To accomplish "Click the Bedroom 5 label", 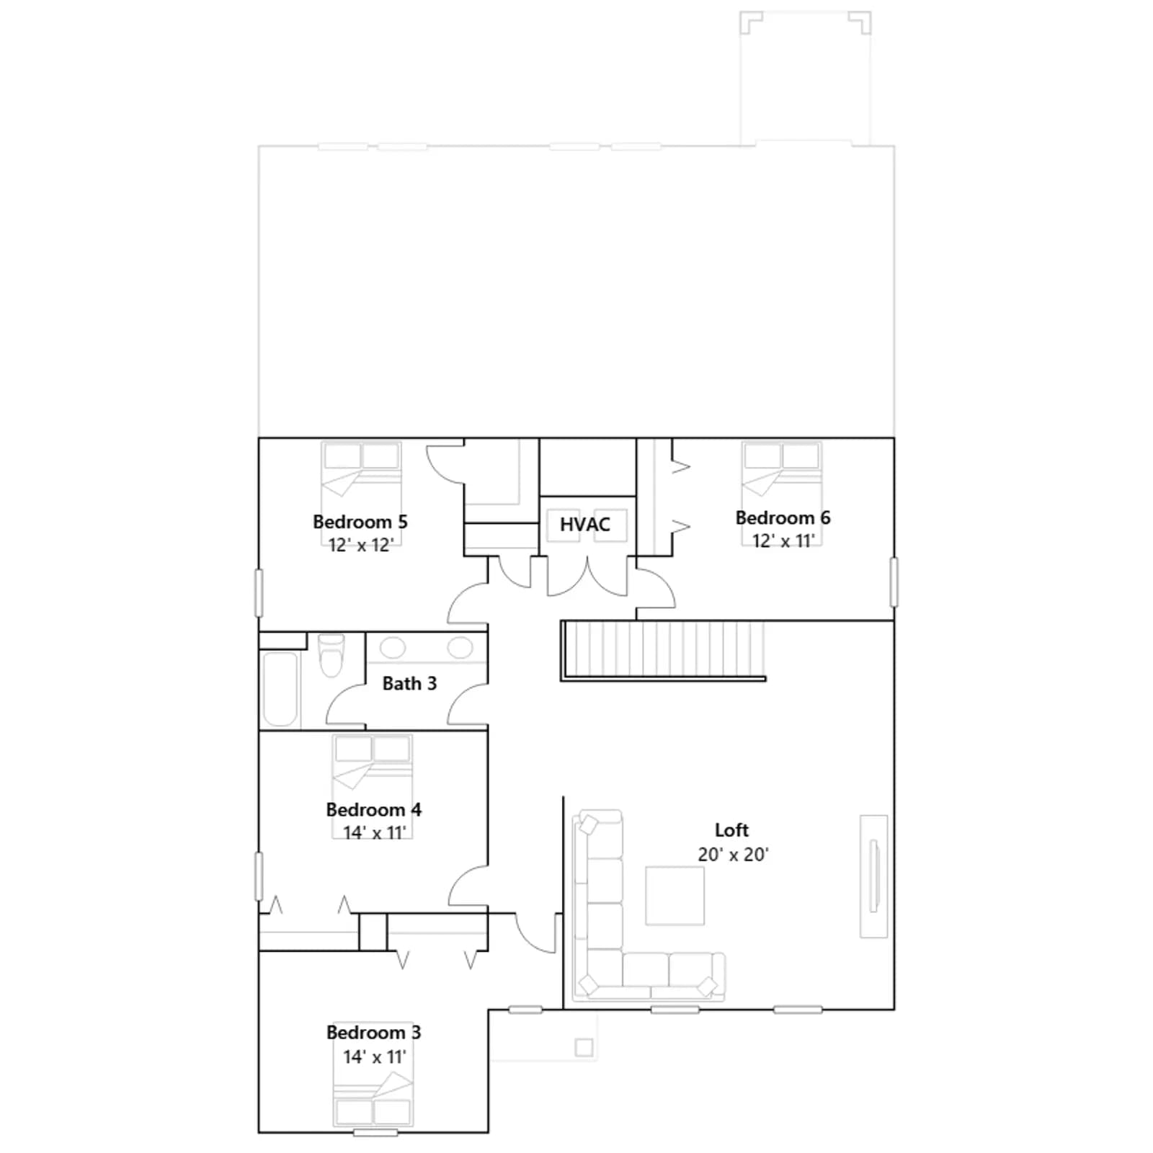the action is coord(360,522).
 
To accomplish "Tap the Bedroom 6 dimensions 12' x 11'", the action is coord(783,541).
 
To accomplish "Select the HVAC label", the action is coord(585,525).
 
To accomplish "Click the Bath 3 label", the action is coord(409,683).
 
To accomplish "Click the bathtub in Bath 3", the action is coord(280,689).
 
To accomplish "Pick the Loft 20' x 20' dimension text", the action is coord(733,855).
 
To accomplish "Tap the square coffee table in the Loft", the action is coord(675,895).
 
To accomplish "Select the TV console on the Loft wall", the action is coord(873,876).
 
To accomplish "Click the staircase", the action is coord(663,650).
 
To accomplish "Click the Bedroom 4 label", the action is coord(373,810).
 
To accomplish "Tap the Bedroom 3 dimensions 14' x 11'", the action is coord(374,1056).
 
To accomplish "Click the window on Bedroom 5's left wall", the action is coord(259,592).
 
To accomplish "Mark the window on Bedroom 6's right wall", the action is coord(894,582).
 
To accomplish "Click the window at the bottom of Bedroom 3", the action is coord(375,1133).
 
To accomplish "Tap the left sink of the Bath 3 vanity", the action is coord(393,647).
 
